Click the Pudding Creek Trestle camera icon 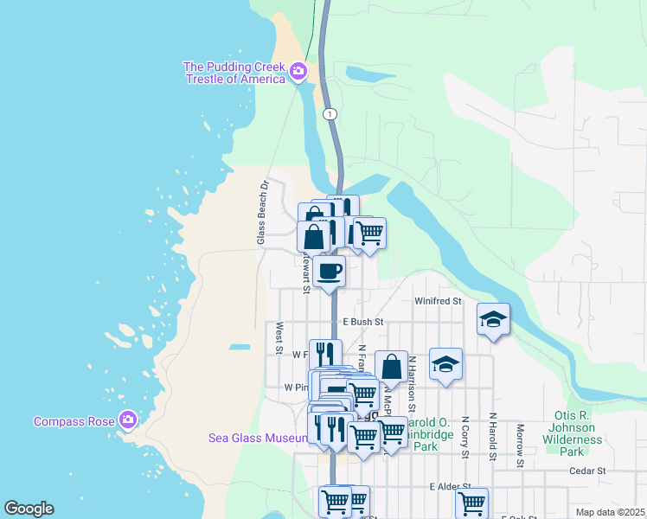298,70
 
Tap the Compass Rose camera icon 128,420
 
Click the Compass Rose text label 74,421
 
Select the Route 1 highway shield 329,114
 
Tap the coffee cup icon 329,272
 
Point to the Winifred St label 438,301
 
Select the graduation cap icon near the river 493,319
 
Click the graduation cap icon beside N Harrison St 445,364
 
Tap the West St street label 279,338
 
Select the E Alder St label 450,487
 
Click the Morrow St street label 521,445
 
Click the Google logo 29,509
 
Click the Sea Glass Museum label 258,438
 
